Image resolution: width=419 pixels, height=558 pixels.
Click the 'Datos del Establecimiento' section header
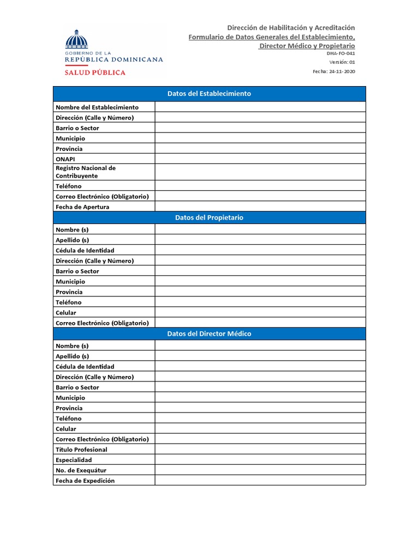coord(209,94)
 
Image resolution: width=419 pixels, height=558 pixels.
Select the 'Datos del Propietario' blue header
coord(209,217)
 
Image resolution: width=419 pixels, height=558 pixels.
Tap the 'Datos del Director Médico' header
coord(209,333)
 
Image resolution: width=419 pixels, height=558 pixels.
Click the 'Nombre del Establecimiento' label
coord(97,107)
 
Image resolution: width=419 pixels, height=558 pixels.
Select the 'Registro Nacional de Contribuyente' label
coord(86,172)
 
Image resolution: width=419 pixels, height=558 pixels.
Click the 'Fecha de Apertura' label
coord(82,207)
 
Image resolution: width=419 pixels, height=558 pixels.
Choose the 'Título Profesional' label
coord(81,450)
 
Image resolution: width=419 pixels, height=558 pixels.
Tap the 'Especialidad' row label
coord(74,460)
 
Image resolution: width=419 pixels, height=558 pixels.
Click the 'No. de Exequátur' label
coord(81,470)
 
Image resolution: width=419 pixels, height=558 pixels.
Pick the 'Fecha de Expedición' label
coord(85,481)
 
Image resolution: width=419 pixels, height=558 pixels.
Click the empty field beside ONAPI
coord(260,159)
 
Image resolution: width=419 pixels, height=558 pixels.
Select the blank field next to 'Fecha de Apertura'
coord(260,207)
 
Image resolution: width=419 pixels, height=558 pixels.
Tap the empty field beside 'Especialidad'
coord(260,460)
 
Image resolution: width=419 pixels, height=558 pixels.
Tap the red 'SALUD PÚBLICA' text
coord(95,72)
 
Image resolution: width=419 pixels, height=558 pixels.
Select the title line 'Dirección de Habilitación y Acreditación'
coord(291,27)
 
